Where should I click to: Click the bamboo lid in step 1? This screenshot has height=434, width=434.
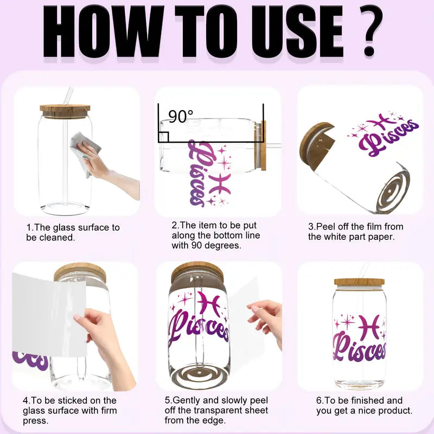[65, 111]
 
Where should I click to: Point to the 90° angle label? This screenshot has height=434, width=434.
[181, 117]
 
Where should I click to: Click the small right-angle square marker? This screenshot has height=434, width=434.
[163, 137]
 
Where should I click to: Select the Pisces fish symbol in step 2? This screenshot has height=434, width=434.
[220, 183]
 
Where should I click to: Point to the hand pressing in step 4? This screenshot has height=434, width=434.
[105, 343]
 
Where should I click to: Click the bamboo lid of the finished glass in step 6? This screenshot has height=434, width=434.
[359, 282]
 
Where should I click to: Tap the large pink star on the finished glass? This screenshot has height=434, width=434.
[347, 322]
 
